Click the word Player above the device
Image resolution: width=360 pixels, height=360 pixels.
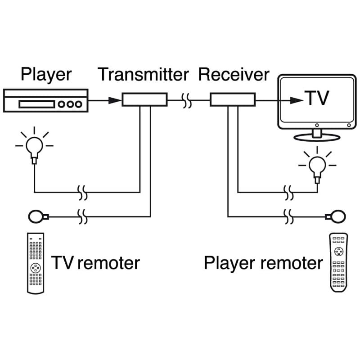pyautogui.click(x=46, y=74)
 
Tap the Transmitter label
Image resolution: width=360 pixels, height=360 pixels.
pyautogui.click(x=143, y=74)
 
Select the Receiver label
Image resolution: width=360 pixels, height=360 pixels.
pyautogui.click(x=234, y=74)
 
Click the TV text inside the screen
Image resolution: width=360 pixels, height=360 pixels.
pyautogui.click(x=317, y=98)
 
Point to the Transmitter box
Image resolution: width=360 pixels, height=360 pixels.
pyautogui.click(x=144, y=99)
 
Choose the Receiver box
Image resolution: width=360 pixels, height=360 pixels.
pyautogui.click(x=233, y=99)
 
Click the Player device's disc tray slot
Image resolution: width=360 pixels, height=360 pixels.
pyautogui.click(x=36, y=104)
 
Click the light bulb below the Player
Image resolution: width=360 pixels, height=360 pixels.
pyautogui.click(x=34, y=145)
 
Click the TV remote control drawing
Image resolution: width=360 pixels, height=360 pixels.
pyautogui.click(x=35, y=263)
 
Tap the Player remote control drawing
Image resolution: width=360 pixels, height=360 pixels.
pyautogui.click(x=338, y=262)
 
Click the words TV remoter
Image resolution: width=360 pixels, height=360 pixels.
pyautogui.click(x=95, y=263)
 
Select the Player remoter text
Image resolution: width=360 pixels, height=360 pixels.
pyautogui.click(x=263, y=263)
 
